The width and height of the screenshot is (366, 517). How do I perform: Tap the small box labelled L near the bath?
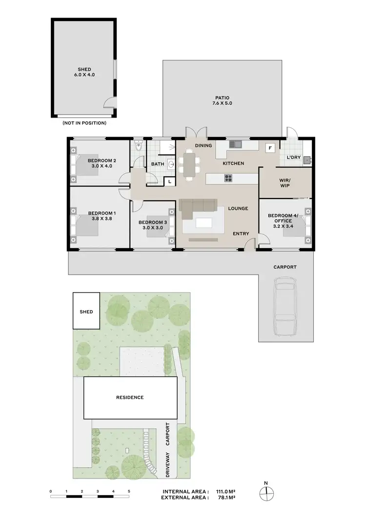pyautogui.click(x=169, y=181)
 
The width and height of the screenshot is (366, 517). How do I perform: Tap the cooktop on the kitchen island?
pyautogui.click(x=228, y=179)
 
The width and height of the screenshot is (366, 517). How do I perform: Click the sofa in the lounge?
pyautogui.click(x=198, y=209)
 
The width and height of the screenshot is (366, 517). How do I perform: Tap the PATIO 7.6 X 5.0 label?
pyautogui.click(x=222, y=100)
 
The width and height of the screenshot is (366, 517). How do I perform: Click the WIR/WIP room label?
pyautogui.click(x=285, y=183)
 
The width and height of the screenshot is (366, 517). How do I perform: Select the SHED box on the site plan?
pyautogui.click(x=86, y=311)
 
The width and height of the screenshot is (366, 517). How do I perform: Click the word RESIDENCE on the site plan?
pyautogui.click(x=130, y=398)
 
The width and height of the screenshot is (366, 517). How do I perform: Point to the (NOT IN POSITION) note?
pyautogui.click(x=84, y=123)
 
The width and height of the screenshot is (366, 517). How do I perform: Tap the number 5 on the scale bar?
pyautogui.click(x=129, y=491)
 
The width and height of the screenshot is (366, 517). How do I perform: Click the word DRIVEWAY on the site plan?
pyautogui.click(x=168, y=464)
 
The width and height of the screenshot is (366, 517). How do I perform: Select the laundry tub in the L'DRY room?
pyautogui.click(x=306, y=159)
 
